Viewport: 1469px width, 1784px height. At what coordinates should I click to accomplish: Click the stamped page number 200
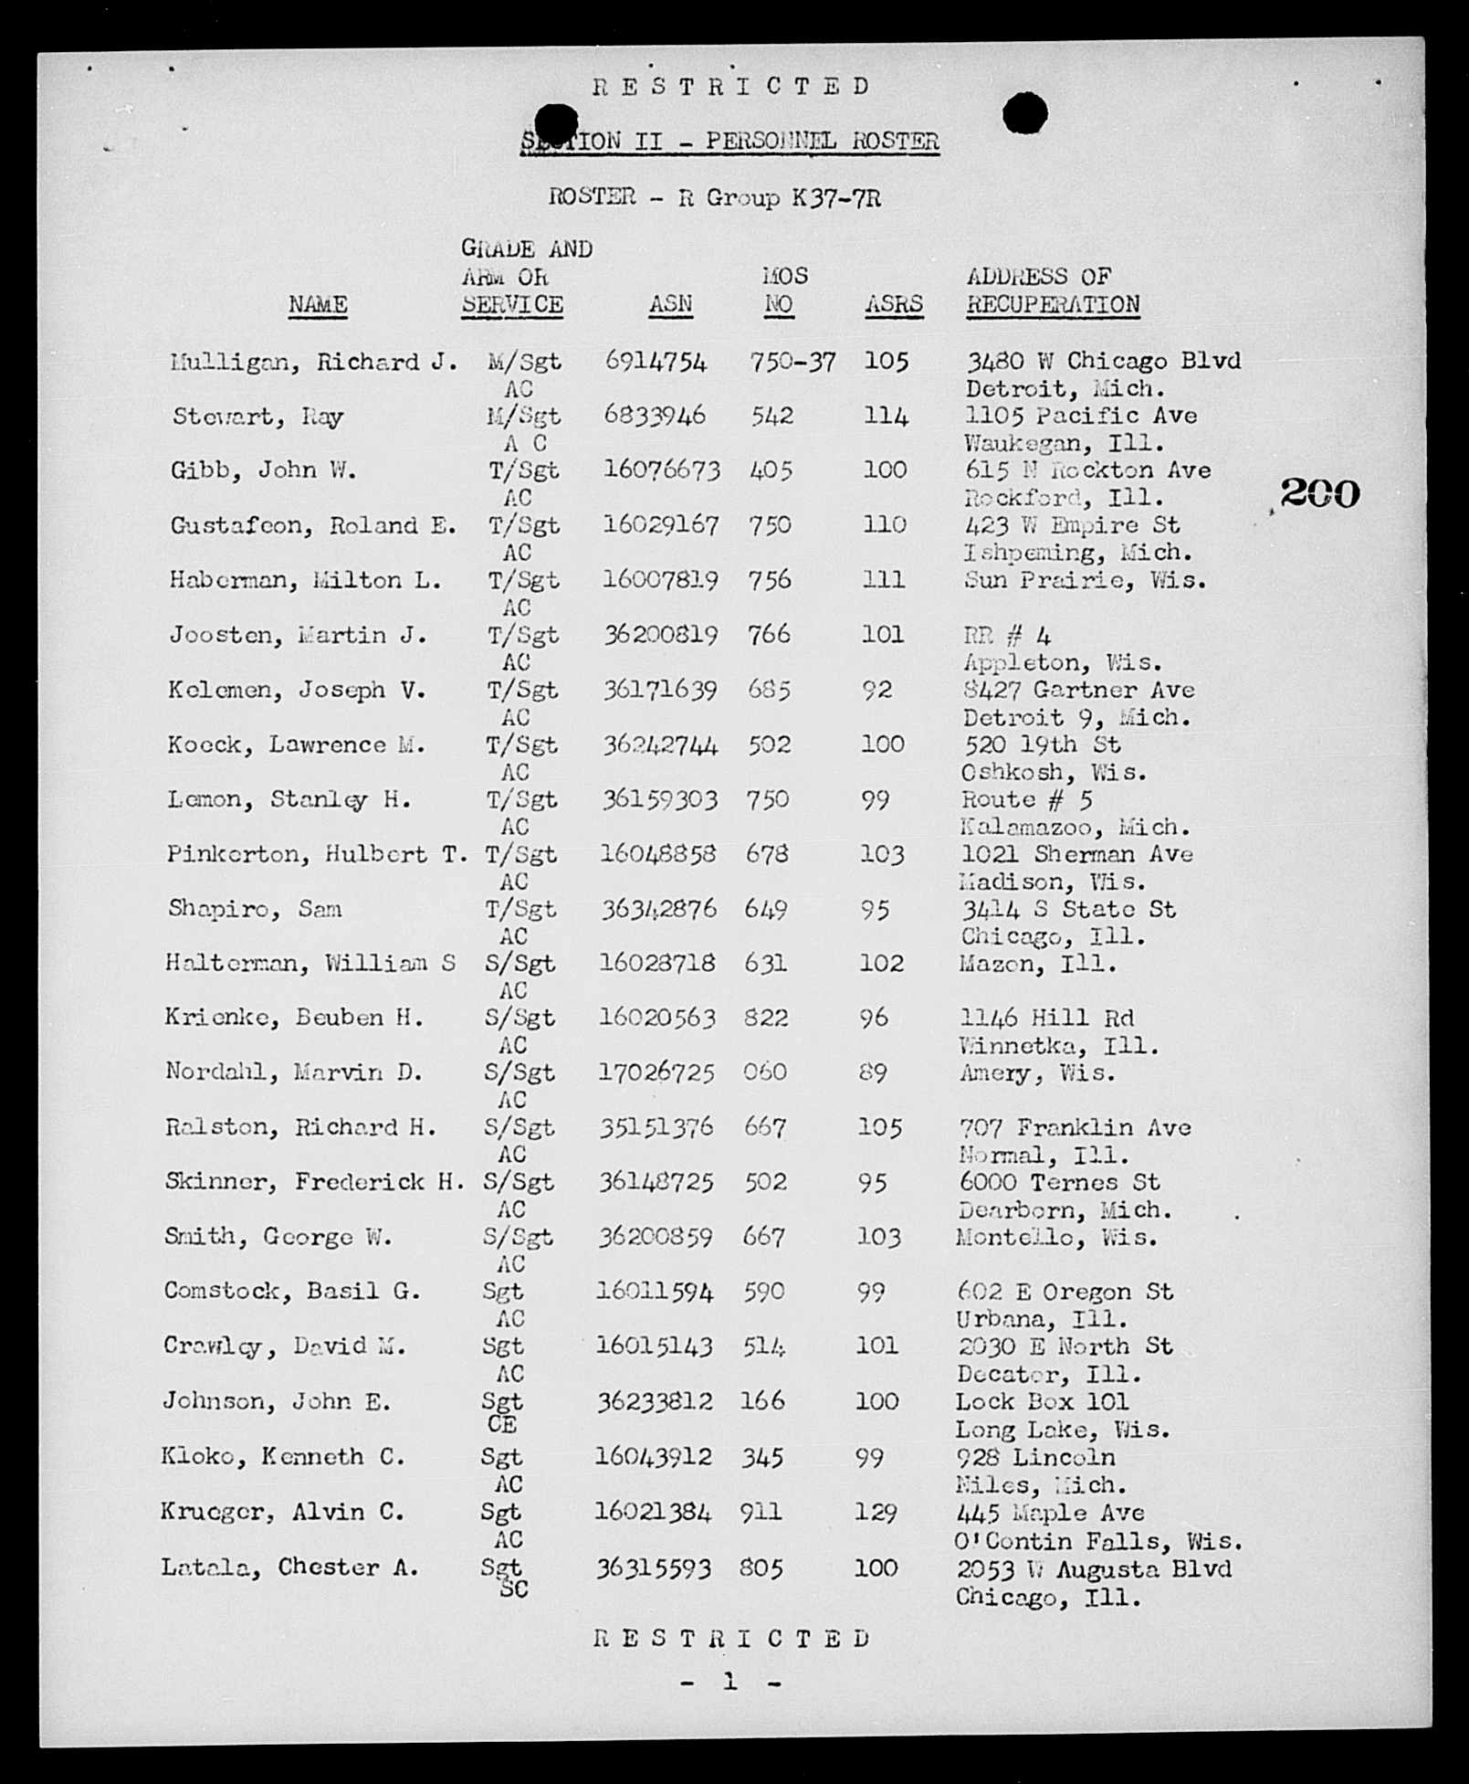coord(1319,494)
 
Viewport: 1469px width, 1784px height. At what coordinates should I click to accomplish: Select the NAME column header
coord(318,304)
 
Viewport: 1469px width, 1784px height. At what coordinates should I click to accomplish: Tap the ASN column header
coord(671,304)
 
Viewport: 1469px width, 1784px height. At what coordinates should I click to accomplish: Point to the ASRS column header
coord(894,304)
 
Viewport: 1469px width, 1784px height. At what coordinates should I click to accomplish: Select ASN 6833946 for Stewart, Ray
coord(655,416)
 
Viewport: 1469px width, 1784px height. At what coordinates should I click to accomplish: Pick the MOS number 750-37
coord(792,362)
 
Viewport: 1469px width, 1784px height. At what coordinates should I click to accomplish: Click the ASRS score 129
coord(876,1513)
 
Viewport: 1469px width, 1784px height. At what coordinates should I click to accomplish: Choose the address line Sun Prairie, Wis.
coord(1086,580)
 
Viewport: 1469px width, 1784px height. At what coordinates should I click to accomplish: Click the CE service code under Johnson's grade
coord(502,1424)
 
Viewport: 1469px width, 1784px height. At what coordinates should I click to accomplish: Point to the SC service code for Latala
coord(513,1589)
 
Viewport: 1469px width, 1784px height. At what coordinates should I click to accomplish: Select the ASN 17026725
coord(656,1071)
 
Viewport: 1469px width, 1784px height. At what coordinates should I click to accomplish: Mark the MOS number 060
coord(764,1071)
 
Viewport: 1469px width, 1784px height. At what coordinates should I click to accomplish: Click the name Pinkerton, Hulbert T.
coord(318,854)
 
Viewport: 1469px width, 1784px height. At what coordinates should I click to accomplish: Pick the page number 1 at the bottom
coord(729,1681)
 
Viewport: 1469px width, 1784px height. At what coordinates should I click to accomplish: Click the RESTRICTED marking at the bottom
coord(731,1639)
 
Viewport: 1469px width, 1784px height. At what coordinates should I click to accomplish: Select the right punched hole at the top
coord(1024,114)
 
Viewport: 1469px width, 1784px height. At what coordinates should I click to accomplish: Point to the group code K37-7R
coord(837,197)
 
